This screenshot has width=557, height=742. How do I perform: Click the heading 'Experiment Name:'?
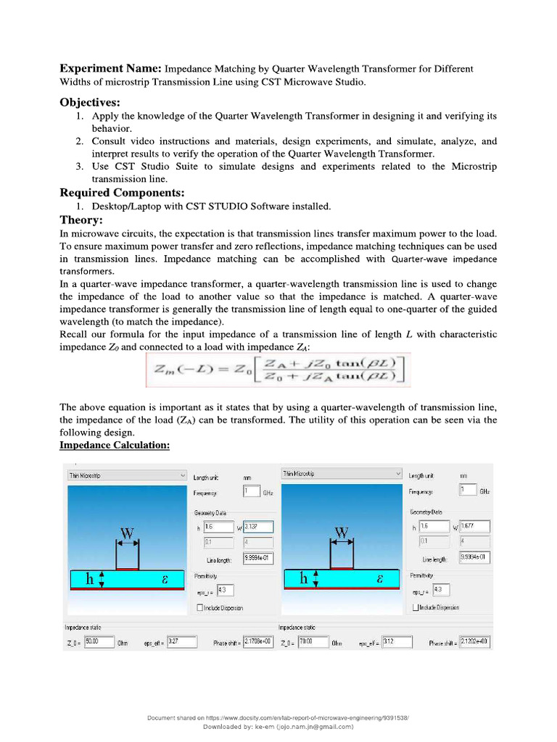(110, 69)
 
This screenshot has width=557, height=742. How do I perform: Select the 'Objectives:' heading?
(90, 102)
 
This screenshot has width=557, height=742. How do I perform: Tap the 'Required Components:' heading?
(122, 193)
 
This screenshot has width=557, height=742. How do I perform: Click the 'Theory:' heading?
(81, 220)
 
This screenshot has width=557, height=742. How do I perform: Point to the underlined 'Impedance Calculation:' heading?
(115, 445)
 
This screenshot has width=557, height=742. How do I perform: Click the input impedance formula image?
(278, 370)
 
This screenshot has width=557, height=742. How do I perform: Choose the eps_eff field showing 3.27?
(182, 642)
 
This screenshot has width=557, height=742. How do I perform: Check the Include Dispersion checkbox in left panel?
(201, 607)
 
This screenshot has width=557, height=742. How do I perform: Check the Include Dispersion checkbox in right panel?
(416, 607)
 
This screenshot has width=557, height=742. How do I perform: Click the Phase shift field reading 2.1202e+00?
(475, 642)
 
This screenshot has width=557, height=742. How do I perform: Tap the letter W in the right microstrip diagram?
(342, 533)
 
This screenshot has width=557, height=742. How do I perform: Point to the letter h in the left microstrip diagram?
(90, 579)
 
